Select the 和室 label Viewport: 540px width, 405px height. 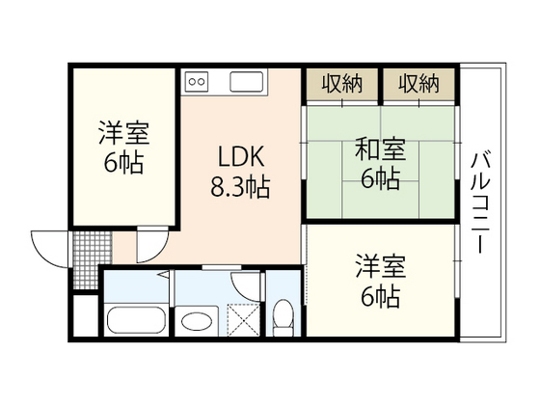tap(380, 150)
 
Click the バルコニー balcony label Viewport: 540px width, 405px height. tap(479, 202)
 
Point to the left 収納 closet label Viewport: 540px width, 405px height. tap(342, 84)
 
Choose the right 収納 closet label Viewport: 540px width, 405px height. tap(418, 84)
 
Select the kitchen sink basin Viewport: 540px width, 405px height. tap(247, 81)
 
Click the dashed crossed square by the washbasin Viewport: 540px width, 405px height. tap(245, 318)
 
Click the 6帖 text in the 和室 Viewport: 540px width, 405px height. tap(380, 178)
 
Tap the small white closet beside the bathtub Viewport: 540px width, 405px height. tap(85, 319)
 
